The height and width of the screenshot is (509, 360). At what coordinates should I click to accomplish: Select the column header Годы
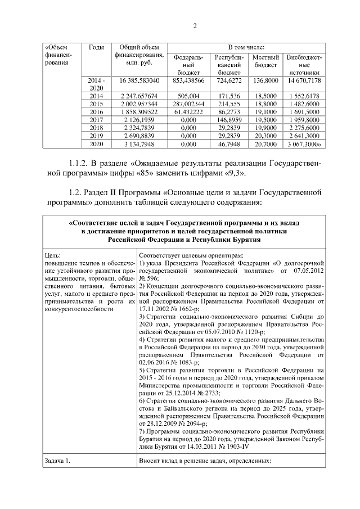(96, 47)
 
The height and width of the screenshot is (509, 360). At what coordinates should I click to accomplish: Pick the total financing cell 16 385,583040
(139, 81)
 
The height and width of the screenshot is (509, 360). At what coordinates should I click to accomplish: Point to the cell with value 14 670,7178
(304, 81)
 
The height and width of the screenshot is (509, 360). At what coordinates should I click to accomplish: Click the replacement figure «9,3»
(233, 174)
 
